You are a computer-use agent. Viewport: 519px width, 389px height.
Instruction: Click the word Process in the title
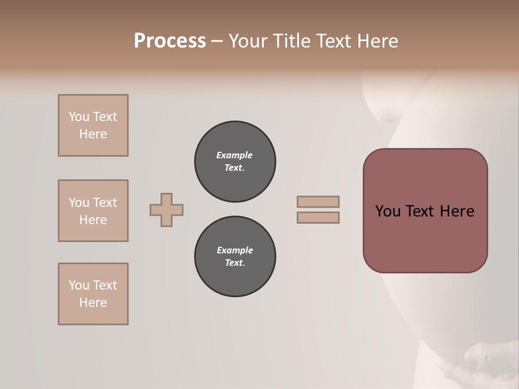[x=170, y=41]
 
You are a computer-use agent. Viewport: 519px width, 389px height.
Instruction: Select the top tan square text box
[x=93, y=125]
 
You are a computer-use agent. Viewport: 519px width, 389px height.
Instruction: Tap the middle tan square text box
[x=93, y=211]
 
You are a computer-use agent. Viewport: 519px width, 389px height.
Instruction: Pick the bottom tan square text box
[x=93, y=294]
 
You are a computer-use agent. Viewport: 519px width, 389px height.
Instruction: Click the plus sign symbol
[x=167, y=210]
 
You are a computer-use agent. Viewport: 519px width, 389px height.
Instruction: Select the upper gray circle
[x=235, y=162]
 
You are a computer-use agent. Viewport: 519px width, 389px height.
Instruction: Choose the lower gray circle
[x=235, y=257]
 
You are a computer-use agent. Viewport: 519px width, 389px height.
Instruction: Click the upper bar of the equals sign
[x=318, y=202]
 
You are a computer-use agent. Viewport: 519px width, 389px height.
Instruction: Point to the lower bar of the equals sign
[x=318, y=217]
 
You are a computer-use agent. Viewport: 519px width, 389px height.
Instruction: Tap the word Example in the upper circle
[x=234, y=155]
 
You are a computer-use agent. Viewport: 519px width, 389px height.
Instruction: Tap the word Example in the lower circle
[x=235, y=250]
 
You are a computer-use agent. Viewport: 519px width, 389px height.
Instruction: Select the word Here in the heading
[x=376, y=41]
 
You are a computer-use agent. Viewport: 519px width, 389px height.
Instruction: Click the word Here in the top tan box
[x=93, y=134]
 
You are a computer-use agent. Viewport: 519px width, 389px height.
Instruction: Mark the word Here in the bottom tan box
[x=93, y=303]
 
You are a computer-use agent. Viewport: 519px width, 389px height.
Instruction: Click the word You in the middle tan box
[x=78, y=203]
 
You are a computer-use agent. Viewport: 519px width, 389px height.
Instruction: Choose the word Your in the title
[x=248, y=41]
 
